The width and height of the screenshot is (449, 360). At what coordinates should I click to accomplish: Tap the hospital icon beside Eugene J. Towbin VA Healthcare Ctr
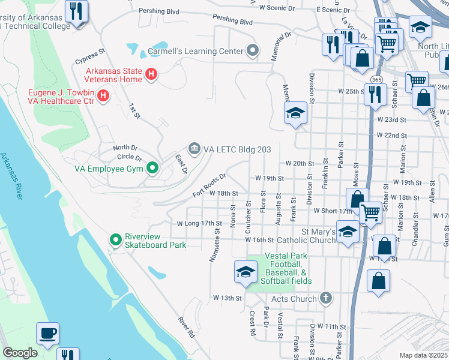pos(103,95)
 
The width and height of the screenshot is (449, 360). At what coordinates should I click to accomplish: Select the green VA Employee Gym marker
pos(152,169)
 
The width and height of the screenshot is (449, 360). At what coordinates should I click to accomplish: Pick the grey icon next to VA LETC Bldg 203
pos(194,148)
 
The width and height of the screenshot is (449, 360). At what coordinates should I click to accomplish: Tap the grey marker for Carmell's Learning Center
pos(253,50)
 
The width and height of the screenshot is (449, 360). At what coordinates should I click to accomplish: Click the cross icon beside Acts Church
pos(325,298)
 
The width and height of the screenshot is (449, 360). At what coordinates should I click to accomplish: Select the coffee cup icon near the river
pos(47,333)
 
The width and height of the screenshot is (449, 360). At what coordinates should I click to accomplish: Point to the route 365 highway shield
pos(376,80)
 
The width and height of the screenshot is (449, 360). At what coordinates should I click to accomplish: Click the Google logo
pos(20,353)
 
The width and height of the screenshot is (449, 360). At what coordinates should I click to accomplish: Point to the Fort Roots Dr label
pos(209,185)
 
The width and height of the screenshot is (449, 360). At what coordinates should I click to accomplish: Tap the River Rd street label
pos(186,327)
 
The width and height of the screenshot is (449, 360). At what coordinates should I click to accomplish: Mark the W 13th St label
pos(227,298)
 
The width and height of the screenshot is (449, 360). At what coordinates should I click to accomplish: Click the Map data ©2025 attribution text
pos(423,355)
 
